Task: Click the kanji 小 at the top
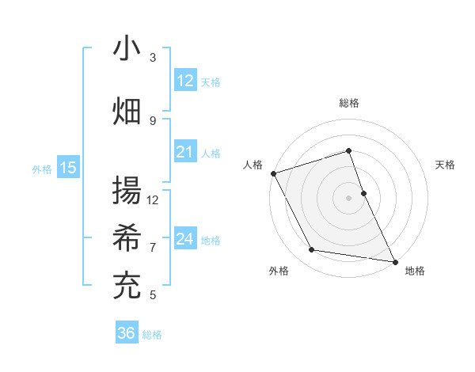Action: (x=127, y=48)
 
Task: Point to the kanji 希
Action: (x=127, y=238)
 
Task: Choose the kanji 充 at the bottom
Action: (x=127, y=286)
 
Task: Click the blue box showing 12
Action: (x=185, y=81)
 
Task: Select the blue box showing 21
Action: (x=185, y=152)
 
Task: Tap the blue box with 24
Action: (x=185, y=239)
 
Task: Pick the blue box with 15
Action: (x=68, y=168)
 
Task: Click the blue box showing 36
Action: (x=127, y=333)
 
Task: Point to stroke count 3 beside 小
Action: (x=153, y=58)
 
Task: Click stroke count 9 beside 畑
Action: (x=153, y=120)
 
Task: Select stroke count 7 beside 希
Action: (x=153, y=247)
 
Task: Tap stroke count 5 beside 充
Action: (x=153, y=295)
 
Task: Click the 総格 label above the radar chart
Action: (x=348, y=103)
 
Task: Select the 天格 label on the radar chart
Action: (x=445, y=165)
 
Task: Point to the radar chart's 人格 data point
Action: (x=273, y=173)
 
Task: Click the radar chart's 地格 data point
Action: (x=394, y=260)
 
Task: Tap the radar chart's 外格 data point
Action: (x=312, y=250)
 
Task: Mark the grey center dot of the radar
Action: (x=348, y=197)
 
